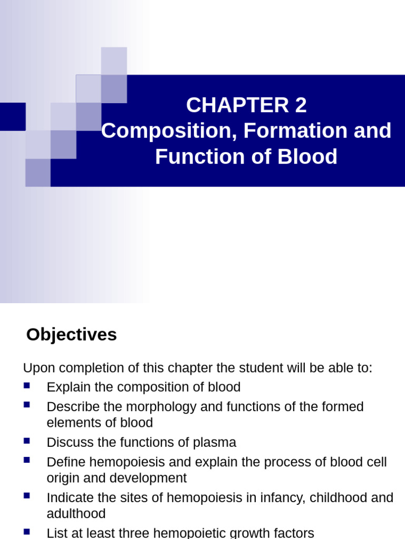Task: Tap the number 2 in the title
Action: (x=301, y=106)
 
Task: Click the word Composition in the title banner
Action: (x=161, y=131)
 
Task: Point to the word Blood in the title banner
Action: (x=311, y=157)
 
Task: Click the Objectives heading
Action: (x=72, y=335)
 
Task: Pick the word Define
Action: (x=65, y=462)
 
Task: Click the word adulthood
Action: (x=76, y=514)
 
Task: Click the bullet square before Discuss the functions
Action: (x=27, y=441)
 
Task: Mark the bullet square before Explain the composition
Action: (x=27, y=385)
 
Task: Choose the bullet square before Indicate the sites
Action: (x=27, y=496)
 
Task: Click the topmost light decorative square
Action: (x=114, y=61)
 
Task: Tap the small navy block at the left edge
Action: (x=13, y=117)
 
